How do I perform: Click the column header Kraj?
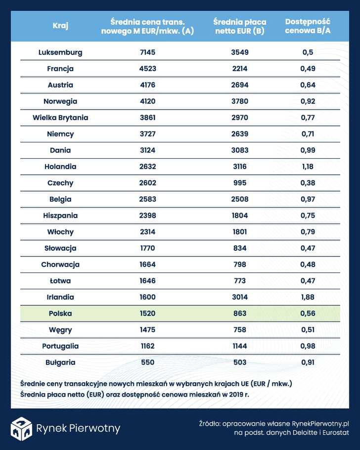click(60, 26)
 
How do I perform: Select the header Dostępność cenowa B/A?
click(308, 26)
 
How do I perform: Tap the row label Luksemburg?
click(60, 52)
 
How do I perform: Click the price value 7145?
click(147, 52)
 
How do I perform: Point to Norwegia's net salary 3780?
click(239, 101)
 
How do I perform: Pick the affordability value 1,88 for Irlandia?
click(308, 297)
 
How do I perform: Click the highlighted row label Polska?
click(60, 314)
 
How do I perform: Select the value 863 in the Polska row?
click(239, 314)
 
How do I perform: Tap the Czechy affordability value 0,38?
click(308, 183)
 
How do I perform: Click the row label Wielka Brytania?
click(60, 118)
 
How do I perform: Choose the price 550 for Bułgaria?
click(147, 362)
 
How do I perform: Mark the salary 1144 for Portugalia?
click(239, 346)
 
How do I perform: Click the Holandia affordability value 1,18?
click(308, 167)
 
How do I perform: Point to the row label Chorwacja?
click(60, 265)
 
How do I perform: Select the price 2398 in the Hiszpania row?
click(147, 216)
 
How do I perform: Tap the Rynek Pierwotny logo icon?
click(21, 428)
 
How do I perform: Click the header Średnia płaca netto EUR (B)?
click(239, 26)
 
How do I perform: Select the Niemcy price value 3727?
click(147, 134)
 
